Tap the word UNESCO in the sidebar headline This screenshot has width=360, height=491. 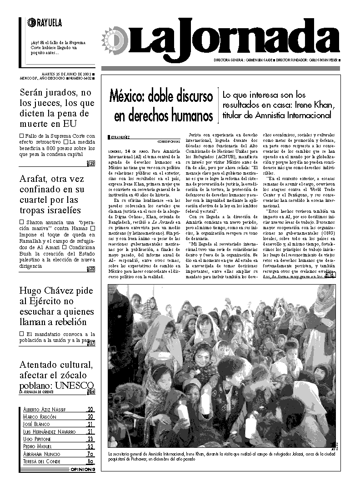pyautogui.click(x=73, y=386)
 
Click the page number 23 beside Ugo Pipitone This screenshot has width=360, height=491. pyautogui.click(x=90, y=439)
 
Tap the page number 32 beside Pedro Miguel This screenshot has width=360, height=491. pyautogui.click(x=90, y=446)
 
